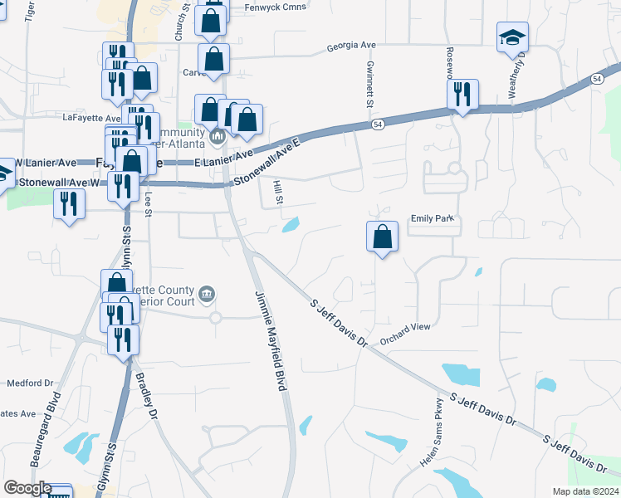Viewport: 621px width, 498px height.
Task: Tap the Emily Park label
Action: click(x=433, y=219)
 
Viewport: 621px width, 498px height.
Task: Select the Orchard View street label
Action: click(x=405, y=328)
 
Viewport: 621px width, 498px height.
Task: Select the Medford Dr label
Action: click(x=30, y=383)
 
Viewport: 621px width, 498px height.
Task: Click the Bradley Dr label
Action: click(x=145, y=397)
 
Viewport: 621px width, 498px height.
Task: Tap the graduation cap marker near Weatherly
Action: click(x=512, y=38)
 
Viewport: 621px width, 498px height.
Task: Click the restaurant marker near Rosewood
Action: click(x=462, y=94)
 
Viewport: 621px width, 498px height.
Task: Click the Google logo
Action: click(x=27, y=488)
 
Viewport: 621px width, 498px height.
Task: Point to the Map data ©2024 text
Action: click(x=584, y=491)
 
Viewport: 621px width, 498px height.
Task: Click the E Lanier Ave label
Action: click(x=223, y=159)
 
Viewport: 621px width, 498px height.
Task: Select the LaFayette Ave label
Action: click(x=91, y=117)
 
